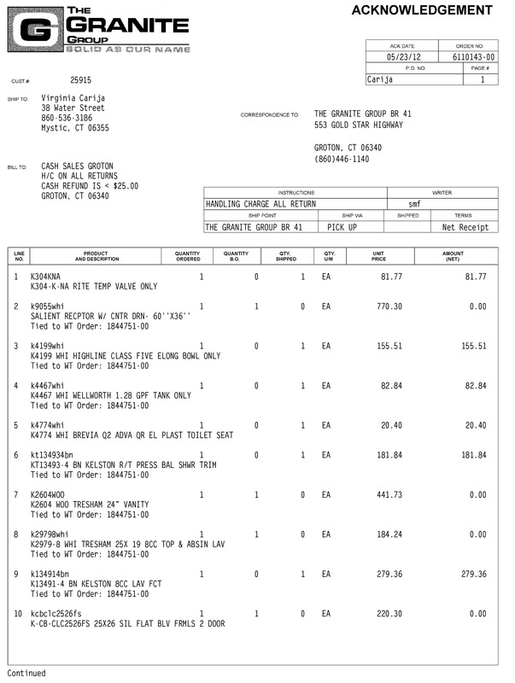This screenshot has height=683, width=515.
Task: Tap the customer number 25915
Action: click(x=81, y=81)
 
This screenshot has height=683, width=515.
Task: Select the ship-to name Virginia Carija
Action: click(x=75, y=98)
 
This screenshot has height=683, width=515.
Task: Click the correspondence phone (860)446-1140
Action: click(x=342, y=159)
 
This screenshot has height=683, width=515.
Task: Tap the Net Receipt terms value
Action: click(x=465, y=228)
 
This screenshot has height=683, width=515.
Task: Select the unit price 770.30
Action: click(x=389, y=306)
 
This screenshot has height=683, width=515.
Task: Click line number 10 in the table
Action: click(x=18, y=614)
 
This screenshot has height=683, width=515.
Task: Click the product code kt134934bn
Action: click(x=53, y=455)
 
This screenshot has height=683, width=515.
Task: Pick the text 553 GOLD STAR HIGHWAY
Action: click(x=359, y=126)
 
